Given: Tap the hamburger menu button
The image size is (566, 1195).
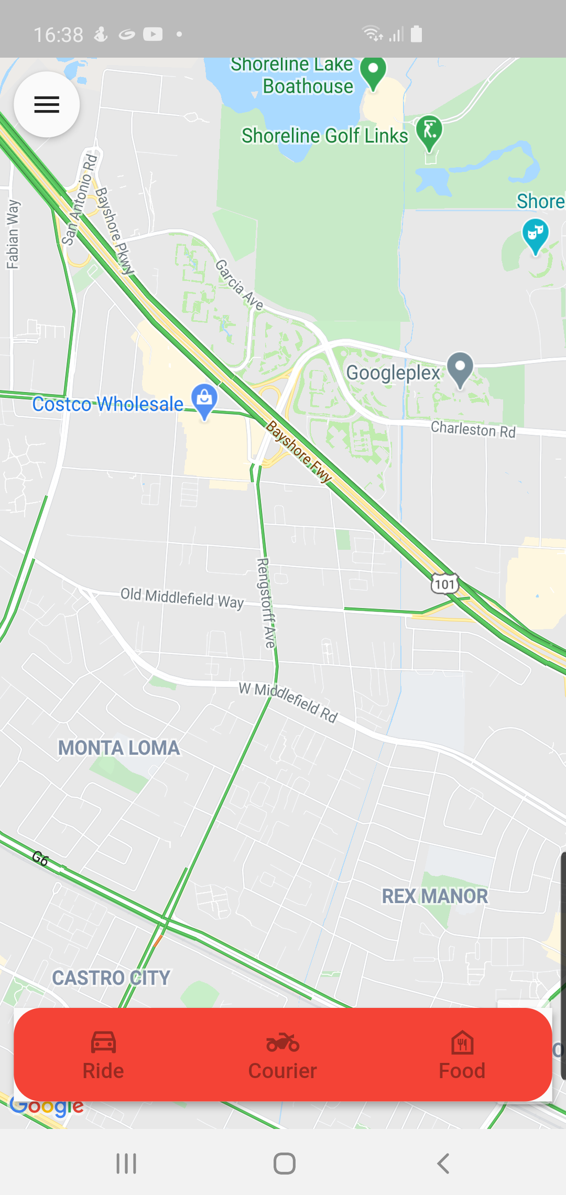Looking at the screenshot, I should click(x=47, y=104).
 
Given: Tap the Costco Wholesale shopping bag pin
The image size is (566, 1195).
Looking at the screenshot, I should click(x=204, y=401).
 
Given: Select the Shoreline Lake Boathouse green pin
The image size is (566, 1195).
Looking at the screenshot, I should click(x=373, y=73).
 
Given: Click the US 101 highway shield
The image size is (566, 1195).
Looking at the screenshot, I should click(x=445, y=584).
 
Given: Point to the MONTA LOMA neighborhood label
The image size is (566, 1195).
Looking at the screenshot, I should click(x=119, y=748).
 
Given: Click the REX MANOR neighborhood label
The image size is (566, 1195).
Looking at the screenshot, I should click(x=434, y=896).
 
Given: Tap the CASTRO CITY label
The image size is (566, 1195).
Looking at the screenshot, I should click(x=111, y=978).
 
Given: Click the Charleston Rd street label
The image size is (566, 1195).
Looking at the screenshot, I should click(x=473, y=430).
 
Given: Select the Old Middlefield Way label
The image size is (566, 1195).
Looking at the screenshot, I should click(x=182, y=598).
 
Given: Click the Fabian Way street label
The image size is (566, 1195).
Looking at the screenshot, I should click(x=13, y=234).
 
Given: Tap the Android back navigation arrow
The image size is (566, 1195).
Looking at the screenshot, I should click(x=443, y=1164).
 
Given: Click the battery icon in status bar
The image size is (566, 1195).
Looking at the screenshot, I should click(x=417, y=34).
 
